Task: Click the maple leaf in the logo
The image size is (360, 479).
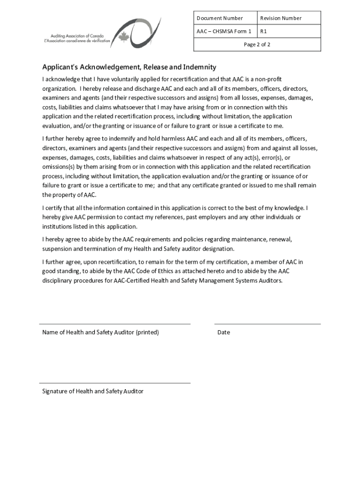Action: tap(124, 37)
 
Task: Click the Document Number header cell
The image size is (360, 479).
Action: tap(219, 18)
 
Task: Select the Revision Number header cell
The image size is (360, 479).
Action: tap(281, 18)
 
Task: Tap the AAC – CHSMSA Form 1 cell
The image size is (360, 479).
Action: tap(223, 31)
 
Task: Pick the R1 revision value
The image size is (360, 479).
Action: tap(264, 31)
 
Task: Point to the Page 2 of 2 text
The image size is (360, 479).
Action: tap(257, 44)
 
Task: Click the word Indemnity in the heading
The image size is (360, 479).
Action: tap(199, 67)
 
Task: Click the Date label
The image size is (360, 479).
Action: tap(223, 333)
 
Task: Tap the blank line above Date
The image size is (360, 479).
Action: tap(267, 324)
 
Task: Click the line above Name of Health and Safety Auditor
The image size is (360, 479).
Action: tap(115, 324)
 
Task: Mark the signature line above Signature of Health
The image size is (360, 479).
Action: tap(115, 383)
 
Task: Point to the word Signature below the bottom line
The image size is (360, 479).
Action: tap(55, 392)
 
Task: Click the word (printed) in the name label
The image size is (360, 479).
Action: tap(147, 333)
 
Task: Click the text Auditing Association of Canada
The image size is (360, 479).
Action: tap(77, 36)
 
